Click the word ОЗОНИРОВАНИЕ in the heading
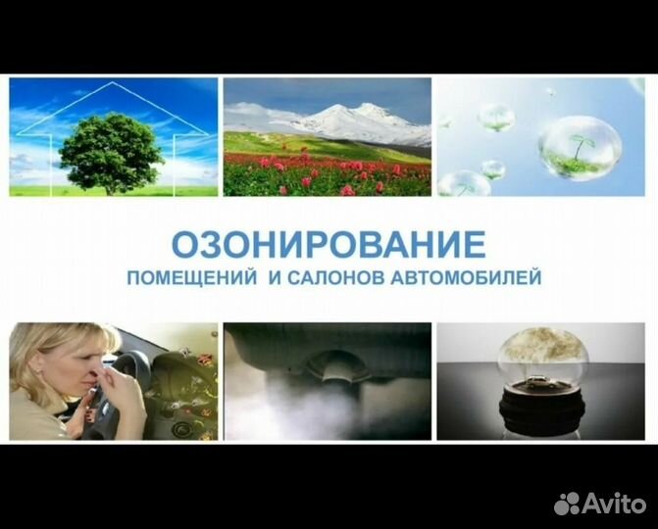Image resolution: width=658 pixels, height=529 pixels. (x=329, y=245)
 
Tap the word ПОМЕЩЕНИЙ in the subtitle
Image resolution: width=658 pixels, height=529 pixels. (x=192, y=278)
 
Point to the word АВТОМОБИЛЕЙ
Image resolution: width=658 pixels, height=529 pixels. (x=466, y=278)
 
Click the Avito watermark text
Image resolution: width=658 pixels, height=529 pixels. (x=614, y=503)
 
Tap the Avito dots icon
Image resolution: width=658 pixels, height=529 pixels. (x=567, y=504)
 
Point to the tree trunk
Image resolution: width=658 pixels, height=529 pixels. (x=111, y=188)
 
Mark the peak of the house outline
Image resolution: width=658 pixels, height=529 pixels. (x=112, y=82)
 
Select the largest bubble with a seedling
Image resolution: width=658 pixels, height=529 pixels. (x=580, y=148)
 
